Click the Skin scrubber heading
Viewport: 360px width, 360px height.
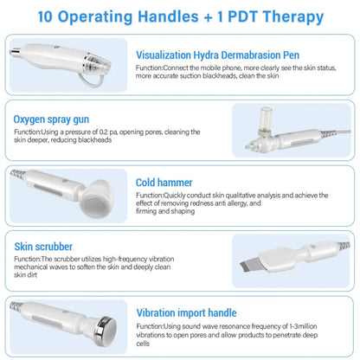[42, 246]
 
